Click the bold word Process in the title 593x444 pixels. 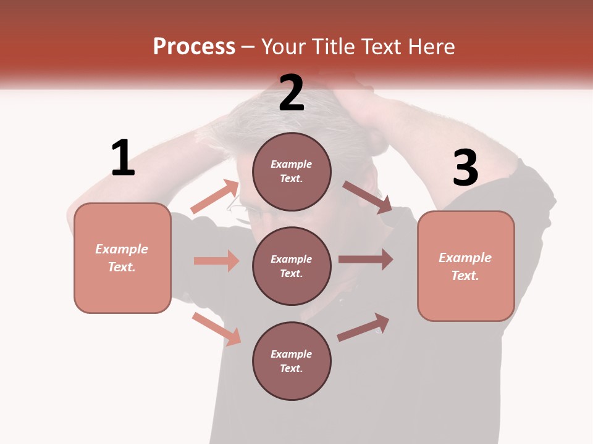click(x=194, y=46)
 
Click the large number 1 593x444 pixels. click(x=123, y=158)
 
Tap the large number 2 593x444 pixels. click(x=292, y=93)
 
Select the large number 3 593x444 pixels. click(x=465, y=168)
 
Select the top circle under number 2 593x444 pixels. click(x=292, y=171)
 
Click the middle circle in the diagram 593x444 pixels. click(x=292, y=266)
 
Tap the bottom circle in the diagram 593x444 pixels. click(x=292, y=361)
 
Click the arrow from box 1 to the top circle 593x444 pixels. click(x=215, y=197)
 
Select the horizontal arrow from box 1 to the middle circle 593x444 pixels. click(x=216, y=261)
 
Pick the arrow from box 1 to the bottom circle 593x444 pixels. click(x=216, y=328)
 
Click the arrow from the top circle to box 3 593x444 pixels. click(x=367, y=197)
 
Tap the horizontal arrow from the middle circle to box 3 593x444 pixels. click(x=366, y=260)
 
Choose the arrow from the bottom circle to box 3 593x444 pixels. click(x=364, y=327)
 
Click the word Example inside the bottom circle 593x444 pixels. click(x=292, y=354)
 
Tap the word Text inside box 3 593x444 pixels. click(x=465, y=276)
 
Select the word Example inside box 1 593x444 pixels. click(x=122, y=249)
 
